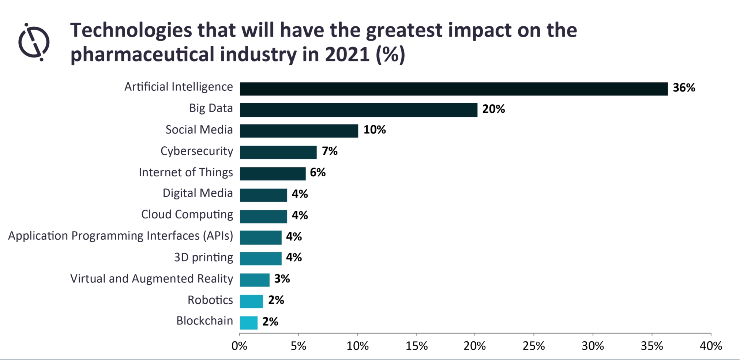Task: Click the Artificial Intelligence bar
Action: pyautogui.click(x=454, y=89)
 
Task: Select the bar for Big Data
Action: pyautogui.click(x=358, y=110)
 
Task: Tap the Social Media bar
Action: pyautogui.click(x=299, y=131)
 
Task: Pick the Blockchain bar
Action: pyautogui.click(x=249, y=323)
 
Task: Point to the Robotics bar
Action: pyautogui.click(x=251, y=301)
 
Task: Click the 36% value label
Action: pyautogui.click(x=684, y=88)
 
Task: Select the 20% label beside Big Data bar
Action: pyautogui.click(x=493, y=109)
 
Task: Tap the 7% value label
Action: pyautogui.click(x=330, y=151)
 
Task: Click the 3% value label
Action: pyautogui.click(x=282, y=279)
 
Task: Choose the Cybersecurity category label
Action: pyautogui.click(x=197, y=151)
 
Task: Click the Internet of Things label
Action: pyautogui.click(x=186, y=172)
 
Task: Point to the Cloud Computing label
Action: pyautogui.click(x=187, y=215)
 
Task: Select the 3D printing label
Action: pyautogui.click(x=203, y=258)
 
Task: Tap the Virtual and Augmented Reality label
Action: pyautogui.click(x=151, y=279)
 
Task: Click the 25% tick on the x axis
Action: pyautogui.click(x=534, y=346)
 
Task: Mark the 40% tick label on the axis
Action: pyautogui.click(x=711, y=346)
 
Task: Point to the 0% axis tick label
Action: pyautogui.click(x=240, y=346)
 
